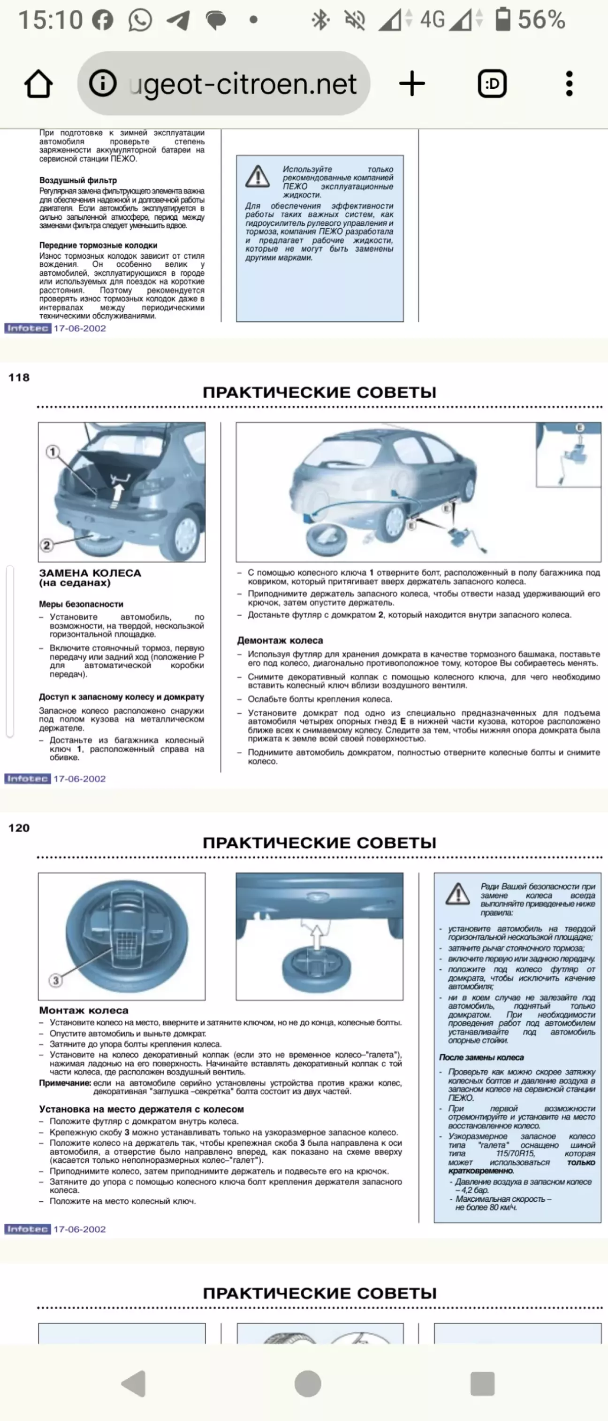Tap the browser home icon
(x=38, y=85)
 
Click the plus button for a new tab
(x=412, y=85)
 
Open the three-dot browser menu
(x=570, y=85)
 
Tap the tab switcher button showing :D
(x=492, y=85)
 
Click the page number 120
(x=19, y=828)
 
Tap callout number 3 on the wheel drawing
(x=55, y=980)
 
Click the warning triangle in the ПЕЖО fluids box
(x=258, y=177)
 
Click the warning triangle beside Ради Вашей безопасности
(x=457, y=894)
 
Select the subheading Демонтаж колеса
(x=280, y=641)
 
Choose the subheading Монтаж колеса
(x=84, y=1011)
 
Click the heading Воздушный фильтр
(x=78, y=180)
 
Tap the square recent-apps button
(x=482, y=1383)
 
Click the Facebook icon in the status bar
(x=103, y=20)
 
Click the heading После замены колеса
(x=481, y=1058)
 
